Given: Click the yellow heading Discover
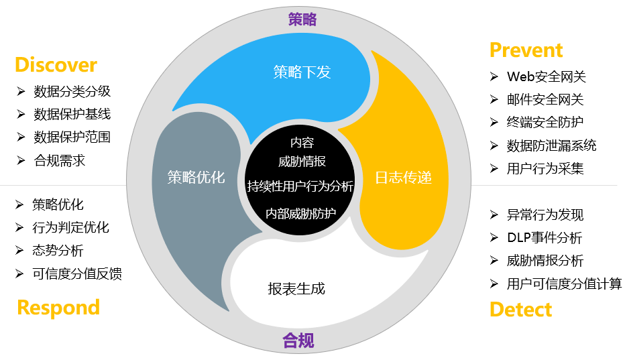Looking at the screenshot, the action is (x=56, y=64).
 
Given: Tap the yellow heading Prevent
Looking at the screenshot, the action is (x=526, y=50).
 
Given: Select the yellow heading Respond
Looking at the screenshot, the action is (x=58, y=308).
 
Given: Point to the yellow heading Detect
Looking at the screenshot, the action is (x=520, y=309).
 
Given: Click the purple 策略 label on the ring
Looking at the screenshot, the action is (x=302, y=19).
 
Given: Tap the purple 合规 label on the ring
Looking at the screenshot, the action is (x=298, y=341).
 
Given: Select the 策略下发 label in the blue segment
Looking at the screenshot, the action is (x=302, y=72).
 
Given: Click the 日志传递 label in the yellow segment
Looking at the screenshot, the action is (x=404, y=178).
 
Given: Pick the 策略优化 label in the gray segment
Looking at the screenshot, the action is (x=196, y=178).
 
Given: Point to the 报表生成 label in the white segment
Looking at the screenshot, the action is (x=296, y=289).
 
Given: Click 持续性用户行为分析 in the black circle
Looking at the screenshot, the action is (x=300, y=186).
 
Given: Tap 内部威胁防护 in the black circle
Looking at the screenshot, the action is (x=301, y=214).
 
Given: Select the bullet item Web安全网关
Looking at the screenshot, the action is (x=546, y=76).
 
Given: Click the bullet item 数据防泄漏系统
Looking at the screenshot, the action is (x=552, y=145).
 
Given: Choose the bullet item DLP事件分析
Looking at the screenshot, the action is (x=545, y=237).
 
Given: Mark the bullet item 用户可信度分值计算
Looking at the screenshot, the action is (x=565, y=284).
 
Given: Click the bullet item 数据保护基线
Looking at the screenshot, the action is (x=72, y=115).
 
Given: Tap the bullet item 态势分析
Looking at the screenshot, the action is (x=58, y=251).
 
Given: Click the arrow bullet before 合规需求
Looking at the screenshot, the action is (x=21, y=160).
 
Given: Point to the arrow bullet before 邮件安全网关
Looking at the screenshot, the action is (x=494, y=99).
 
